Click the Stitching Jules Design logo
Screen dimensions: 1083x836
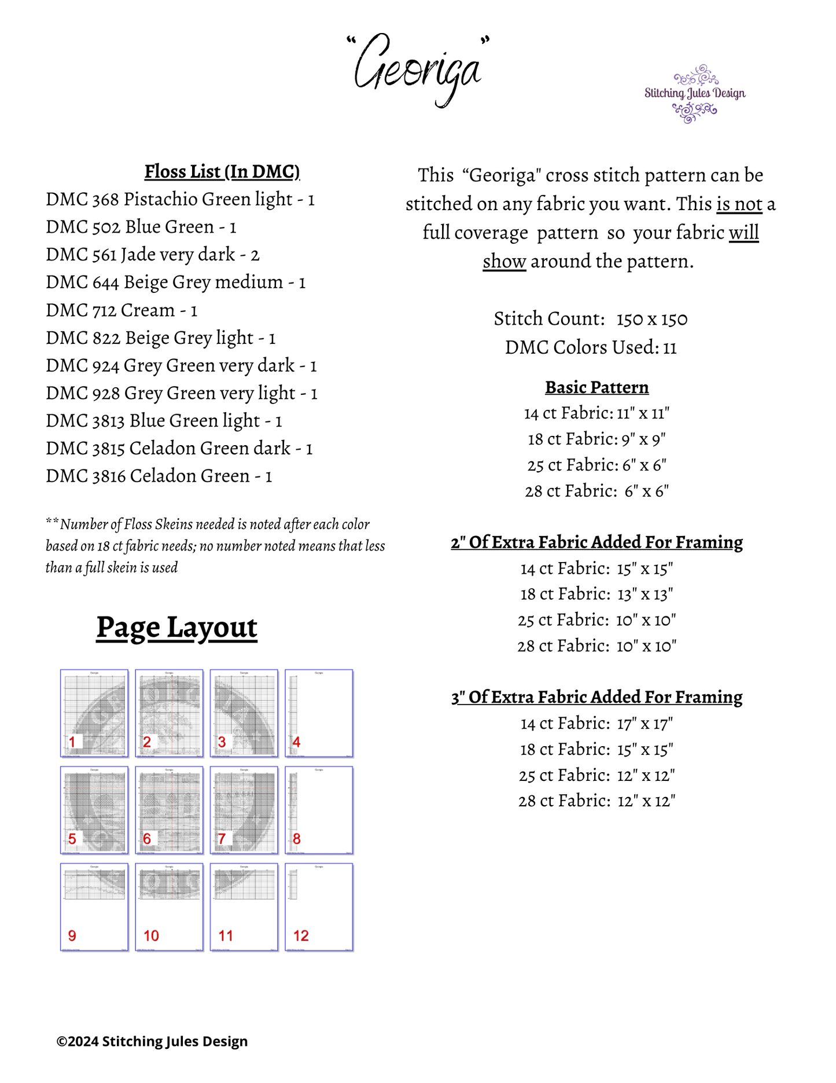(694, 94)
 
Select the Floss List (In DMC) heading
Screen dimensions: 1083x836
(222, 171)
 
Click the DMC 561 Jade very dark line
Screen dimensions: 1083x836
(153, 254)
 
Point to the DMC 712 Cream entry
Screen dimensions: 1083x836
(121, 310)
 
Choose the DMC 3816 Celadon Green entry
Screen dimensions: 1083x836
(159, 476)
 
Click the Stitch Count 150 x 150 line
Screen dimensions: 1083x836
(591, 319)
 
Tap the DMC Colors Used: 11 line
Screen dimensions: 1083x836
(591, 347)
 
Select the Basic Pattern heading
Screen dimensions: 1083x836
(596, 387)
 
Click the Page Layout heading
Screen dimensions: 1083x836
(176, 627)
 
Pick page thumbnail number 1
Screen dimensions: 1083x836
(94, 713)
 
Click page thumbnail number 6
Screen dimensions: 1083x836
(169, 810)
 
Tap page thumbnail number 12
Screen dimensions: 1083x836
(319, 907)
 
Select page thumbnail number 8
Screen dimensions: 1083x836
(319, 810)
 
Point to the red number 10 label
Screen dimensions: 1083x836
(151, 935)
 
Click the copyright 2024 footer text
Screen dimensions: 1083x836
(152, 1041)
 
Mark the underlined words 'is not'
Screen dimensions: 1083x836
(739, 204)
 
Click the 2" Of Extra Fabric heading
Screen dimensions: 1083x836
(596, 542)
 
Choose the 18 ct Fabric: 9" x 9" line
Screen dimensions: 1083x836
(596, 439)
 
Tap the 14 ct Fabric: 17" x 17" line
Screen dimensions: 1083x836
(596, 724)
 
